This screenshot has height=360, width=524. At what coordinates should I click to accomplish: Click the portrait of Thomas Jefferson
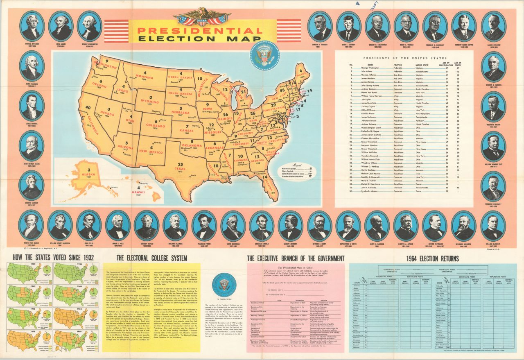tap(32, 25)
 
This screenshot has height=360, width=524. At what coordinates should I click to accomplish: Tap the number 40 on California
tap(88, 107)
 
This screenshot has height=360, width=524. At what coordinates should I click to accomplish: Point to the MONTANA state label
tap(146, 76)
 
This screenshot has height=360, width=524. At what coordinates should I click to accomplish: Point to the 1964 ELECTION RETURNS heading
tap(433, 258)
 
